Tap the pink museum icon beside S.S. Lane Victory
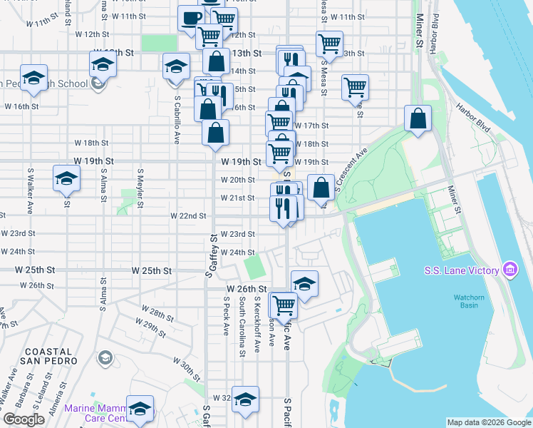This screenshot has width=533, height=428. tap(510, 270)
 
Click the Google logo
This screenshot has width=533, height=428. tap(24, 419)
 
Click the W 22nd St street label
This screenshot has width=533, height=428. tap(188, 215)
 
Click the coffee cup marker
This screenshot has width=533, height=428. tap(190, 17)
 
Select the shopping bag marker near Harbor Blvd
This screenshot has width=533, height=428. tap(418, 118)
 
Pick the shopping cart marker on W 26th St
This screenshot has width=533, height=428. tap(284, 305)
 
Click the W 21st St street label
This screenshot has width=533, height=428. tap(237, 198)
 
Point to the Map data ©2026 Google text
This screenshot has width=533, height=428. tap(489, 422)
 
